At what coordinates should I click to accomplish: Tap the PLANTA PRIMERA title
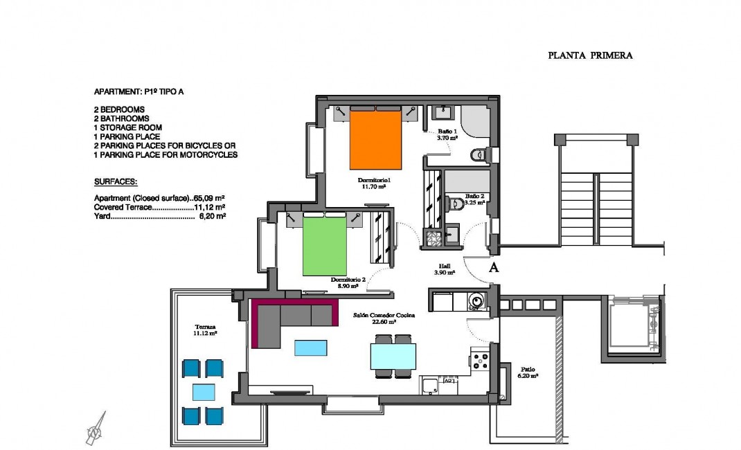tap(590, 55)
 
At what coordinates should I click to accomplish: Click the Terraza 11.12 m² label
tap(206, 330)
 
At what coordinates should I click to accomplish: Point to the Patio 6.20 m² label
tap(528, 372)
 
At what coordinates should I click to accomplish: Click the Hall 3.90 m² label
tap(445, 269)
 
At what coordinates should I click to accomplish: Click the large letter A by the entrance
tap(494, 269)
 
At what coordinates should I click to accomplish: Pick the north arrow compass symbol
tap(96, 428)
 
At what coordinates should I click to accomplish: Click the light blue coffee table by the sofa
tap(311, 348)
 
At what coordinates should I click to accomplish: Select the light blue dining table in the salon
tap(393, 357)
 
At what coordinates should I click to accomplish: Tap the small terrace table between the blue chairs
tap(204, 393)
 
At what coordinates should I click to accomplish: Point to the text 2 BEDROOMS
tap(119, 109)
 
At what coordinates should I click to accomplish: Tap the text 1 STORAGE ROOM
tap(128, 127)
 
